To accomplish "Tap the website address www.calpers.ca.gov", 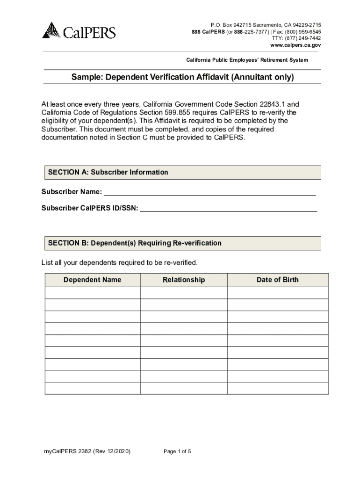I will tap(295, 46).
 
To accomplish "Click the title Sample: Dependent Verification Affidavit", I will tap(182, 77).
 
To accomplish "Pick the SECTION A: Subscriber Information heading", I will tap(108, 172).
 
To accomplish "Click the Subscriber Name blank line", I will tap(209, 192).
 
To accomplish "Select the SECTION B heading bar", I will tap(183, 243).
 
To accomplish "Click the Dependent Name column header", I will tap(92, 280).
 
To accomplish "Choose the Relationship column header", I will tap(184, 280).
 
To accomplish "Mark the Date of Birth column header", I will tap(277, 280).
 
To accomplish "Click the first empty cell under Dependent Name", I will tap(92, 293).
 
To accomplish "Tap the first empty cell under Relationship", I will tap(184, 293).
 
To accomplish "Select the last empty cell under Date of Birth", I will tap(277, 388).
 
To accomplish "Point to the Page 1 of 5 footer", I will tap(177, 451).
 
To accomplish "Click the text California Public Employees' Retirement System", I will tap(247, 60).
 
